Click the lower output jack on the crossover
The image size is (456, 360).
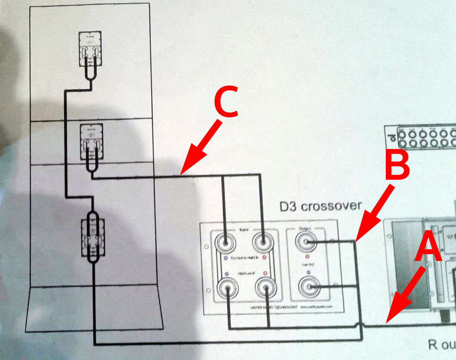pyautogui.click(x=308, y=287)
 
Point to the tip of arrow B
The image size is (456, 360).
pyautogui.click(x=356, y=240)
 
